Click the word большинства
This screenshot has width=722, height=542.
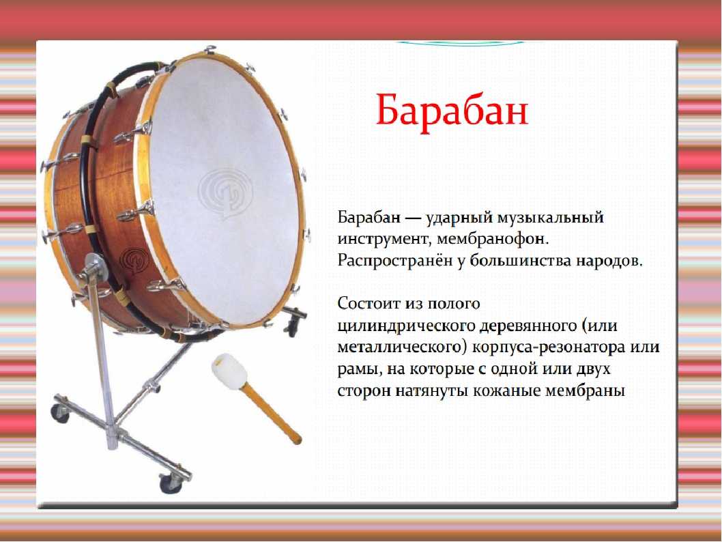click(x=521, y=261)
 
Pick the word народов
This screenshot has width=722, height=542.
click(x=608, y=261)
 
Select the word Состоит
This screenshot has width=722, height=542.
click(x=369, y=304)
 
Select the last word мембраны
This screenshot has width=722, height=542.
click(x=585, y=391)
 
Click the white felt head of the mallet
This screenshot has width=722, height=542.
click(x=229, y=369)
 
